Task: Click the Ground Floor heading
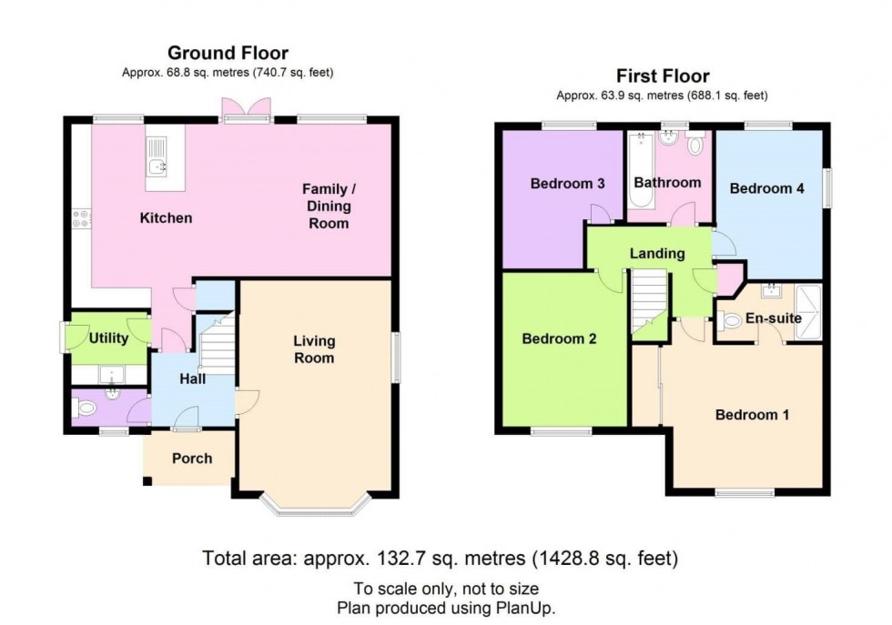(x=228, y=54)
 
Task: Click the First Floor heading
(x=663, y=76)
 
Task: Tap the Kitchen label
(x=166, y=218)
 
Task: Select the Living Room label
(x=314, y=349)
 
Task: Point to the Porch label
(x=191, y=458)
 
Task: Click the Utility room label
(x=108, y=338)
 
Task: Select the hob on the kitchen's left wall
(x=80, y=218)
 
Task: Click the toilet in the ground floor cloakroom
(x=86, y=409)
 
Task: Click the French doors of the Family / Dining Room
(x=246, y=111)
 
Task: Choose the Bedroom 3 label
(x=567, y=184)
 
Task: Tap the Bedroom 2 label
(x=559, y=339)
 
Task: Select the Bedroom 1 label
(x=752, y=415)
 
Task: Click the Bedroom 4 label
(x=766, y=189)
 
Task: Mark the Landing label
(x=656, y=254)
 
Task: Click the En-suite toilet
(x=732, y=321)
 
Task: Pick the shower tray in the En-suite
(x=807, y=313)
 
